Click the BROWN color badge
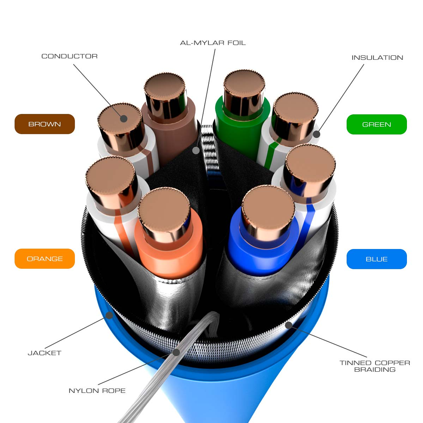click(45, 124)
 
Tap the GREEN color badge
click(376, 124)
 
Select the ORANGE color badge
click(45, 259)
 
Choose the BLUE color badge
click(376, 259)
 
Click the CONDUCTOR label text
click(69, 56)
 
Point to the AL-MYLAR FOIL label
click(213, 43)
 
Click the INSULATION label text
click(377, 58)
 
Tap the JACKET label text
click(45, 353)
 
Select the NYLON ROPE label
click(97, 391)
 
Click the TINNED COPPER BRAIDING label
click(375, 366)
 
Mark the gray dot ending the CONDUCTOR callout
click(124, 118)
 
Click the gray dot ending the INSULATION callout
click(316, 134)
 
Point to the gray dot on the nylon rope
click(176, 352)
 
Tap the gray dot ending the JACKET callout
click(109, 315)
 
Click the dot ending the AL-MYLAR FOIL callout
click(196, 151)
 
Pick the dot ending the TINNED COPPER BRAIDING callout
click(288, 325)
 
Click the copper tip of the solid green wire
click(244, 85)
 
